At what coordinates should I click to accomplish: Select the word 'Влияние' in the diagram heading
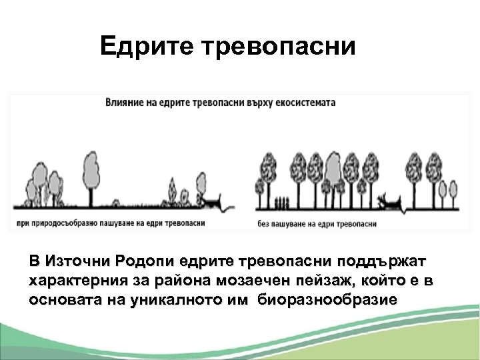click(x=125, y=103)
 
